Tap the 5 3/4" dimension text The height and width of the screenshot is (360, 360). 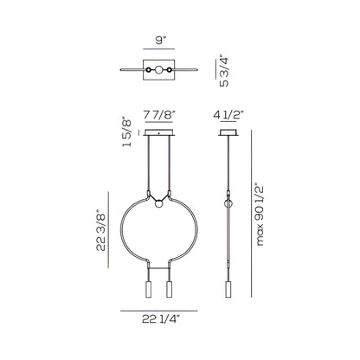[x=224, y=71]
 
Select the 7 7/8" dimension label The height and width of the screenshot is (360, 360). [x=159, y=115]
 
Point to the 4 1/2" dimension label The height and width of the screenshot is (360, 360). [x=228, y=115]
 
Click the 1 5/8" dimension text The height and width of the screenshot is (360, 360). [x=127, y=132]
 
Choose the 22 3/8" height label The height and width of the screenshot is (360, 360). [x=101, y=230]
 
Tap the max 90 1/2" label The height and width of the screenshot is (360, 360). [x=260, y=214]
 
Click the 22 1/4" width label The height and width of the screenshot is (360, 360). [x=161, y=319]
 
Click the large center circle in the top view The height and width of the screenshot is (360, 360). [x=158, y=70]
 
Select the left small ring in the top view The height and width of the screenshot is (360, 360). [x=149, y=70]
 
